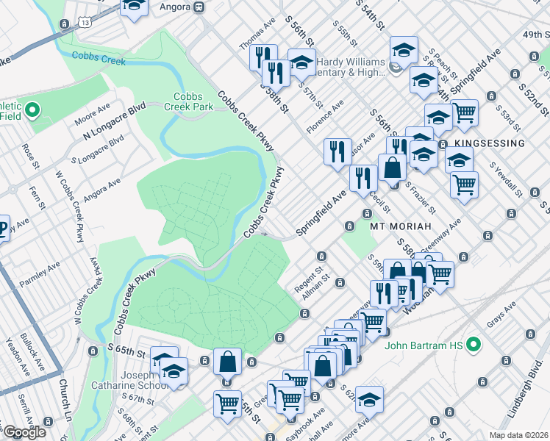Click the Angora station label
(x=171, y=7)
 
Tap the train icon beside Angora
(x=199, y=7)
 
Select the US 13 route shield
(x=86, y=24)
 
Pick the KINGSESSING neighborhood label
(x=489, y=143)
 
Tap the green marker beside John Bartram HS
(x=474, y=343)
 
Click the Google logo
(x=24, y=432)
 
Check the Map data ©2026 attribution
(x=518, y=435)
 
